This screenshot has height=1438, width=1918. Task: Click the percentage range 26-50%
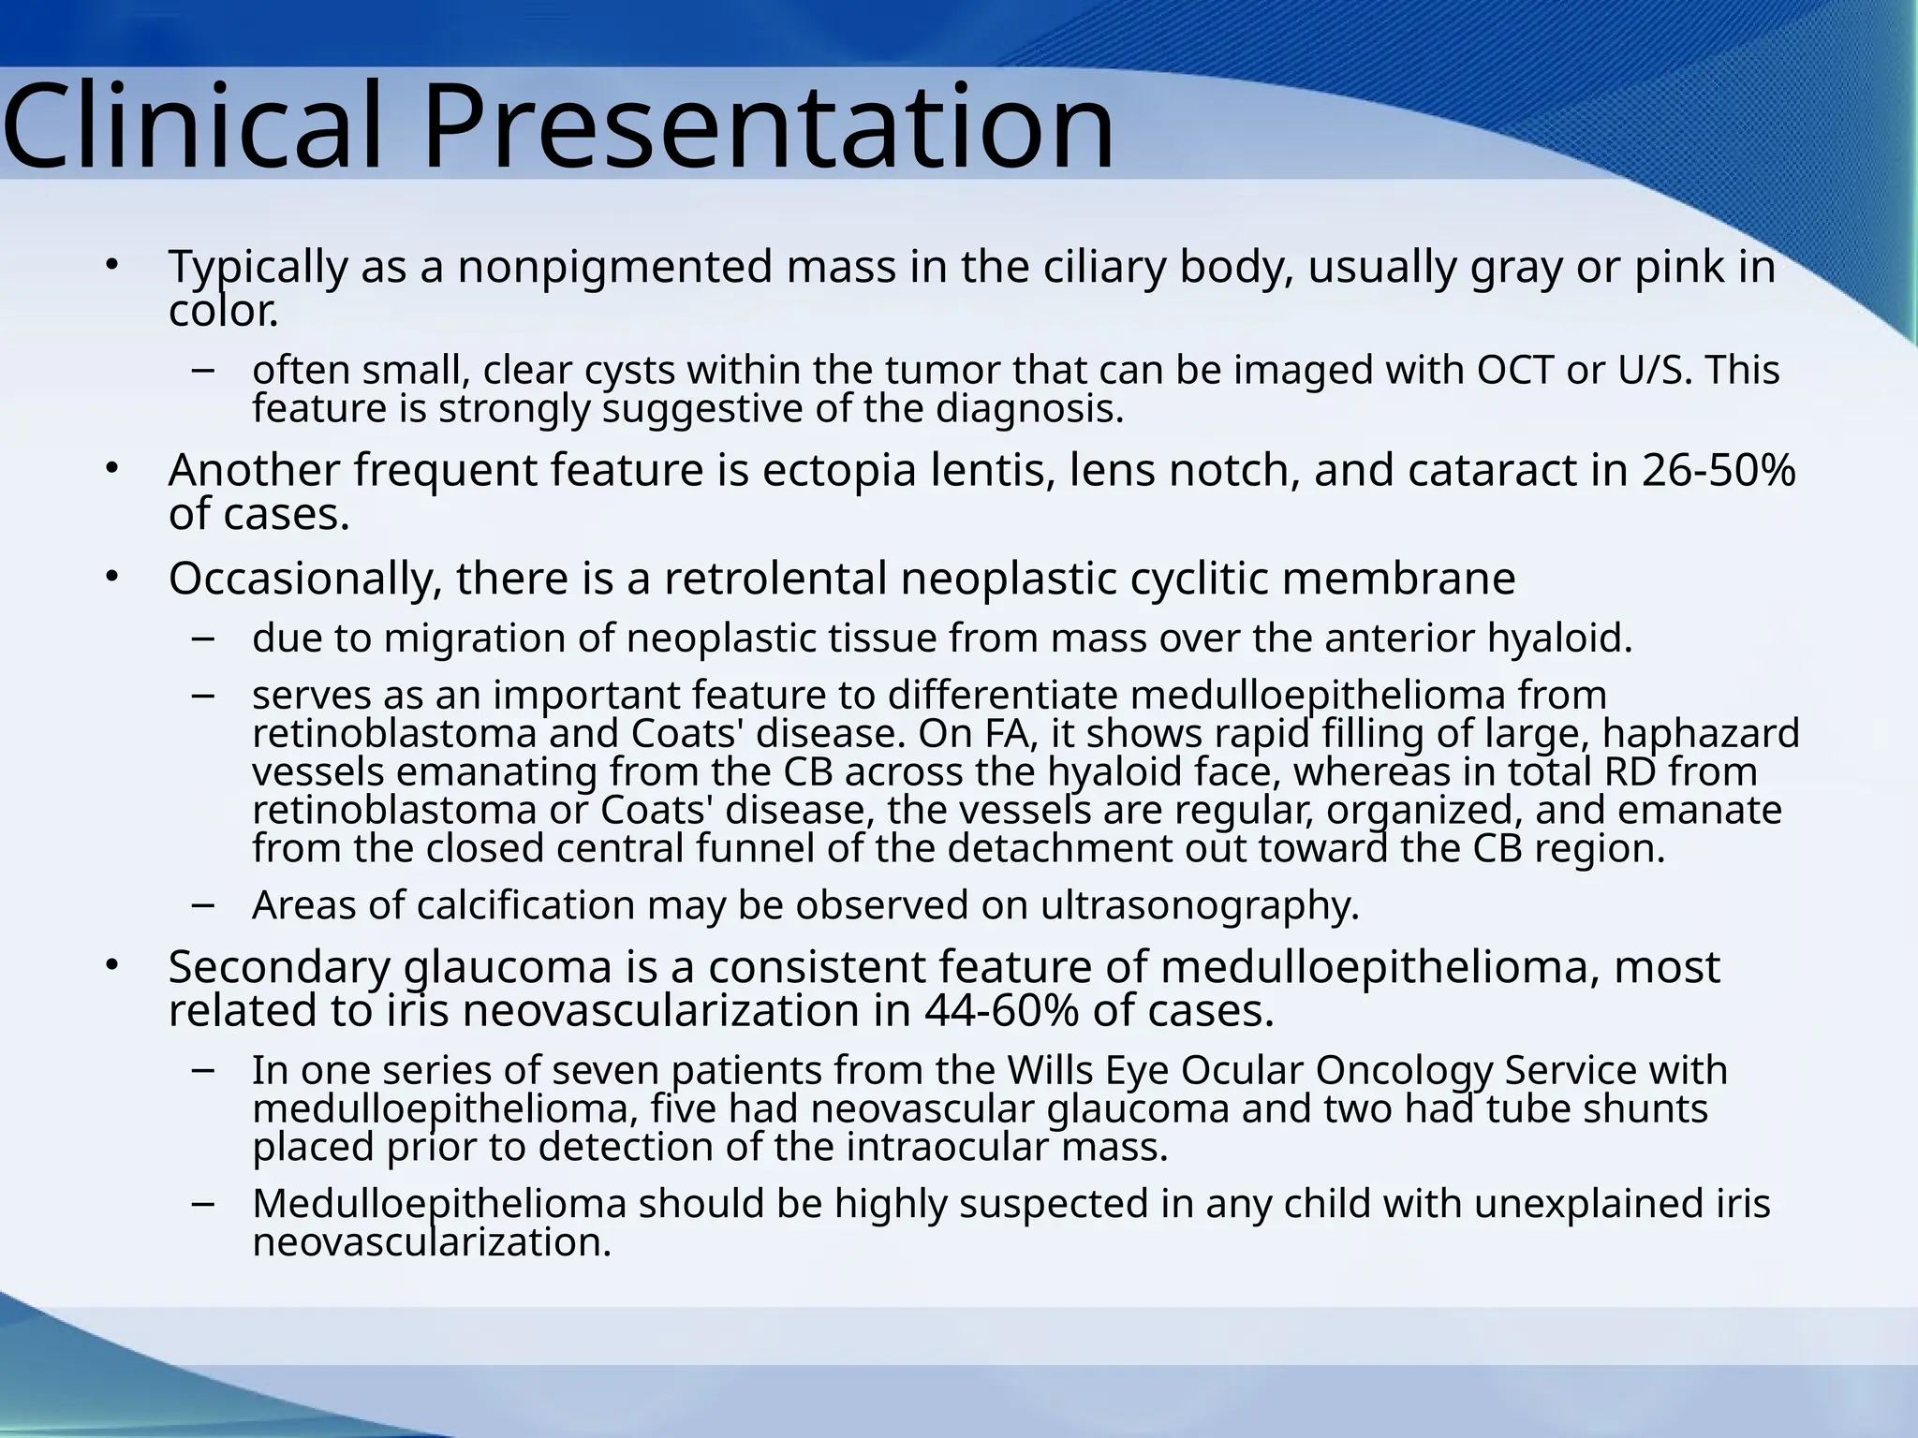(x=1719, y=470)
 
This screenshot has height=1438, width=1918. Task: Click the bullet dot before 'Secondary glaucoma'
(x=111, y=964)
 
